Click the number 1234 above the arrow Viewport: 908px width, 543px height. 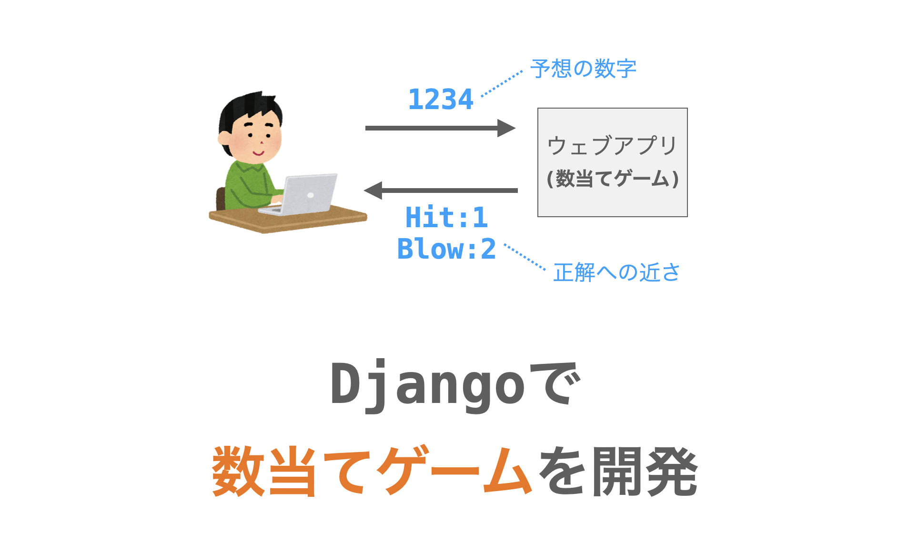(441, 100)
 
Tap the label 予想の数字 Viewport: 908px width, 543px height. (583, 69)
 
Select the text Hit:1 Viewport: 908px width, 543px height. (446, 218)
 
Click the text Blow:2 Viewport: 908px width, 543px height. (446, 249)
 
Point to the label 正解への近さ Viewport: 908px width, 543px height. (616, 272)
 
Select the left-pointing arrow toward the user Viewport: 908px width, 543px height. (441, 191)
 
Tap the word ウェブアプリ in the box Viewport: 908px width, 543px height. (612, 145)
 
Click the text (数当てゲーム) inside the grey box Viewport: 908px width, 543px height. (613, 179)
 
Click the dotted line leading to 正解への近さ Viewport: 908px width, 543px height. (525, 258)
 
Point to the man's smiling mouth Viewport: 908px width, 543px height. (258, 153)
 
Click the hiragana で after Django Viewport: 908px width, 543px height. (555, 383)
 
